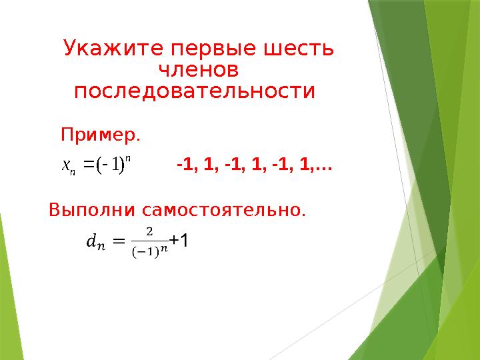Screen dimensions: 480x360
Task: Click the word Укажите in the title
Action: coord(113,48)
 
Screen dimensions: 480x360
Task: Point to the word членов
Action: coord(199,70)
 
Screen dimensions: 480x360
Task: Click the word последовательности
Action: coord(195,92)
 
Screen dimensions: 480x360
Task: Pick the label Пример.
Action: coord(101,135)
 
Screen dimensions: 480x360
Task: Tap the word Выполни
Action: coord(92,210)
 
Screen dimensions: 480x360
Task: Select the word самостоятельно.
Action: coord(224,210)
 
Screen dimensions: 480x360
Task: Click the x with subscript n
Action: coord(68,167)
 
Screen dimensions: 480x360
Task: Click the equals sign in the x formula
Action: coord(89,165)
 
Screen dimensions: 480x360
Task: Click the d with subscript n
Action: coord(96,242)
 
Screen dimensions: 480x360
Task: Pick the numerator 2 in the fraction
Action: coord(149,232)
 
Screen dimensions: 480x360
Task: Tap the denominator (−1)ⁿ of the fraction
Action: coord(150,251)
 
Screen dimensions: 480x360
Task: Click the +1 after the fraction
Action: coord(179,240)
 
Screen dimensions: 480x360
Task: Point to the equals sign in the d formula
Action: coord(119,241)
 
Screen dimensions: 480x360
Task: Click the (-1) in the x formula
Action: coord(110,165)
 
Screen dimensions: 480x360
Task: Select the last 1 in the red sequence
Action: coord(305,165)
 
